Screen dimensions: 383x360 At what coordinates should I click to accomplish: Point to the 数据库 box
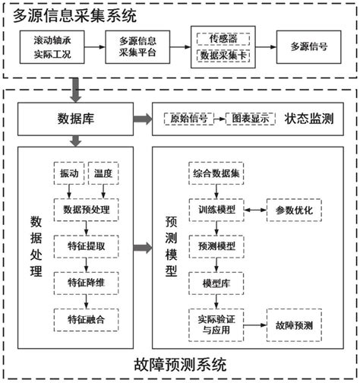pos(74,119)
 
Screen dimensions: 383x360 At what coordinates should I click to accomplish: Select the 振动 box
pos(68,173)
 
